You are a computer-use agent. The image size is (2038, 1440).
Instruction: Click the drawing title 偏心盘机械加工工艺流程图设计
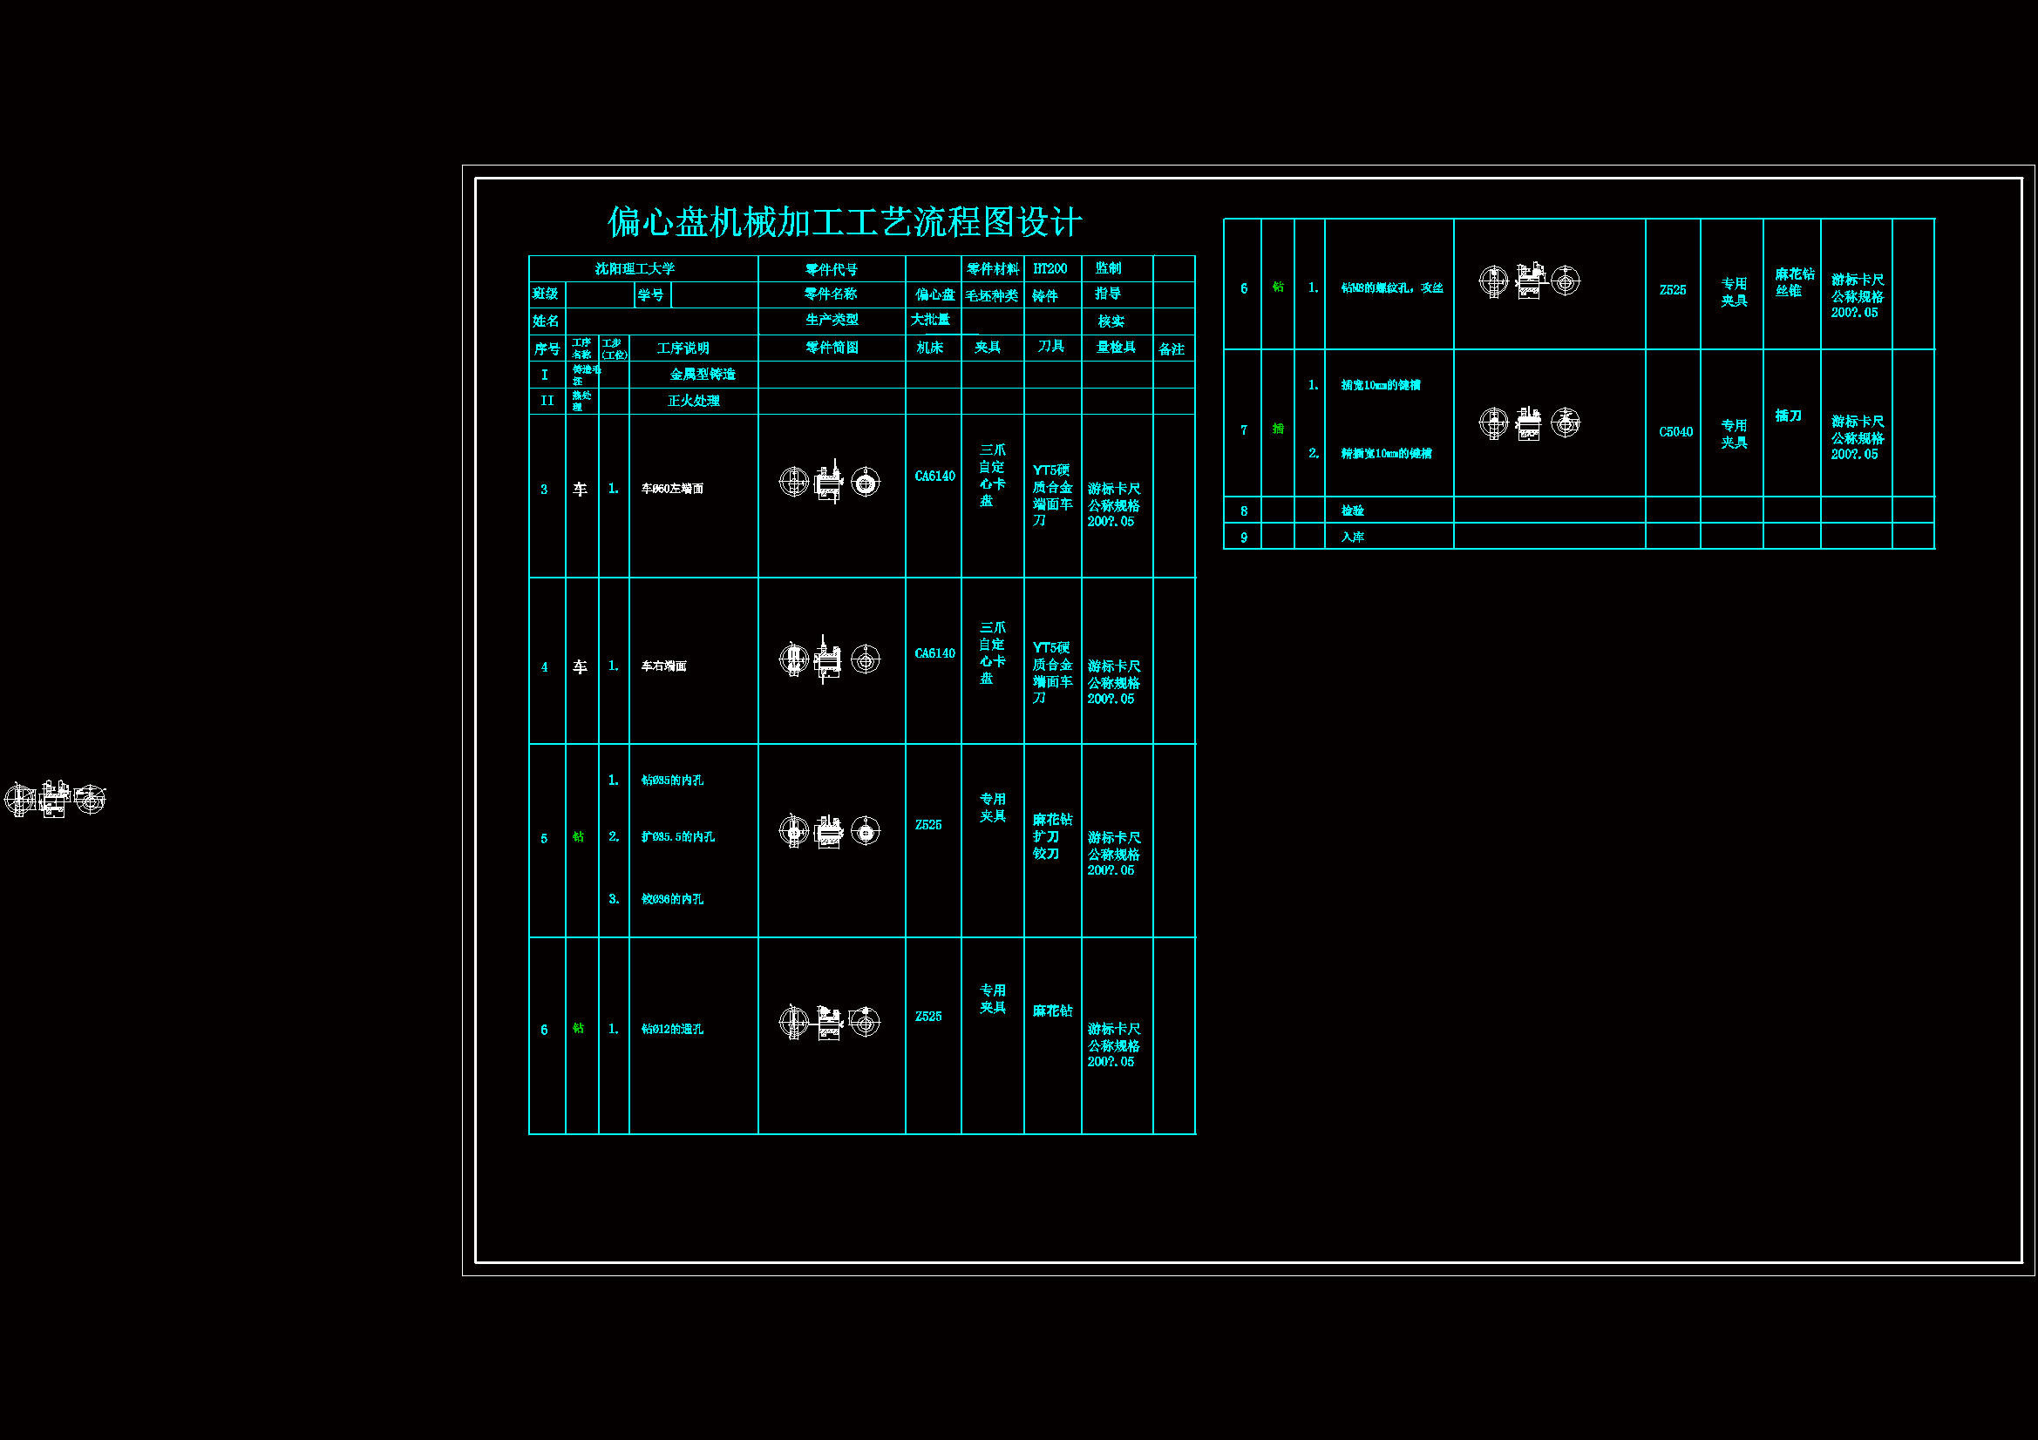tap(844, 222)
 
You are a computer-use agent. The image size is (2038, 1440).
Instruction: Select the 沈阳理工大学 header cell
tap(635, 269)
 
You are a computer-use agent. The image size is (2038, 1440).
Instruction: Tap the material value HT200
tap(1050, 269)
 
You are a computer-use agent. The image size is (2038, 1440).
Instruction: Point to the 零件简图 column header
tap(832, 348)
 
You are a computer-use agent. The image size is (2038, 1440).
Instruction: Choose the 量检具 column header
tap(1116, 348)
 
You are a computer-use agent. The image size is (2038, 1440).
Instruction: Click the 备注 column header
tap(1172, 349)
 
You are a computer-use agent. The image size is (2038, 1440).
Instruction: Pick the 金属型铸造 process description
tap(702, 375)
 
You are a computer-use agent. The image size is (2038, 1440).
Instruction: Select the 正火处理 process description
tap(693, 401)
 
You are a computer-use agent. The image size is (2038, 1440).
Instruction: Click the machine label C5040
tap(1676, 432)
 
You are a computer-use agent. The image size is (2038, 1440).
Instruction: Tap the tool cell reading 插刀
tap(1789, 416)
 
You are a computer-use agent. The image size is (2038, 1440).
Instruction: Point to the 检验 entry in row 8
tap(1352, 511)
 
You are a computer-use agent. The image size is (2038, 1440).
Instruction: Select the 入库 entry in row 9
tap(1352, 537)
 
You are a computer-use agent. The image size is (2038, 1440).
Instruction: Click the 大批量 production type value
tap(930, 320)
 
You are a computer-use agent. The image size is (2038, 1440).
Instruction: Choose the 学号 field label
tap(650, 294)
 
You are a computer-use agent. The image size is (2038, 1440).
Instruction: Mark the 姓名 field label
tap(546, 321)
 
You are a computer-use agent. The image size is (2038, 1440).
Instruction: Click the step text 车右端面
tap(664, 666)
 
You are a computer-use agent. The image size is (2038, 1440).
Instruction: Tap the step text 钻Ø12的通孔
tap(672, 1029)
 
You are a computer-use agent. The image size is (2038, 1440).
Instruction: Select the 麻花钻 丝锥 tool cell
tap(1794, 282)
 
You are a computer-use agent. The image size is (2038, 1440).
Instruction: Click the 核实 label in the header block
tap(1111, 321)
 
